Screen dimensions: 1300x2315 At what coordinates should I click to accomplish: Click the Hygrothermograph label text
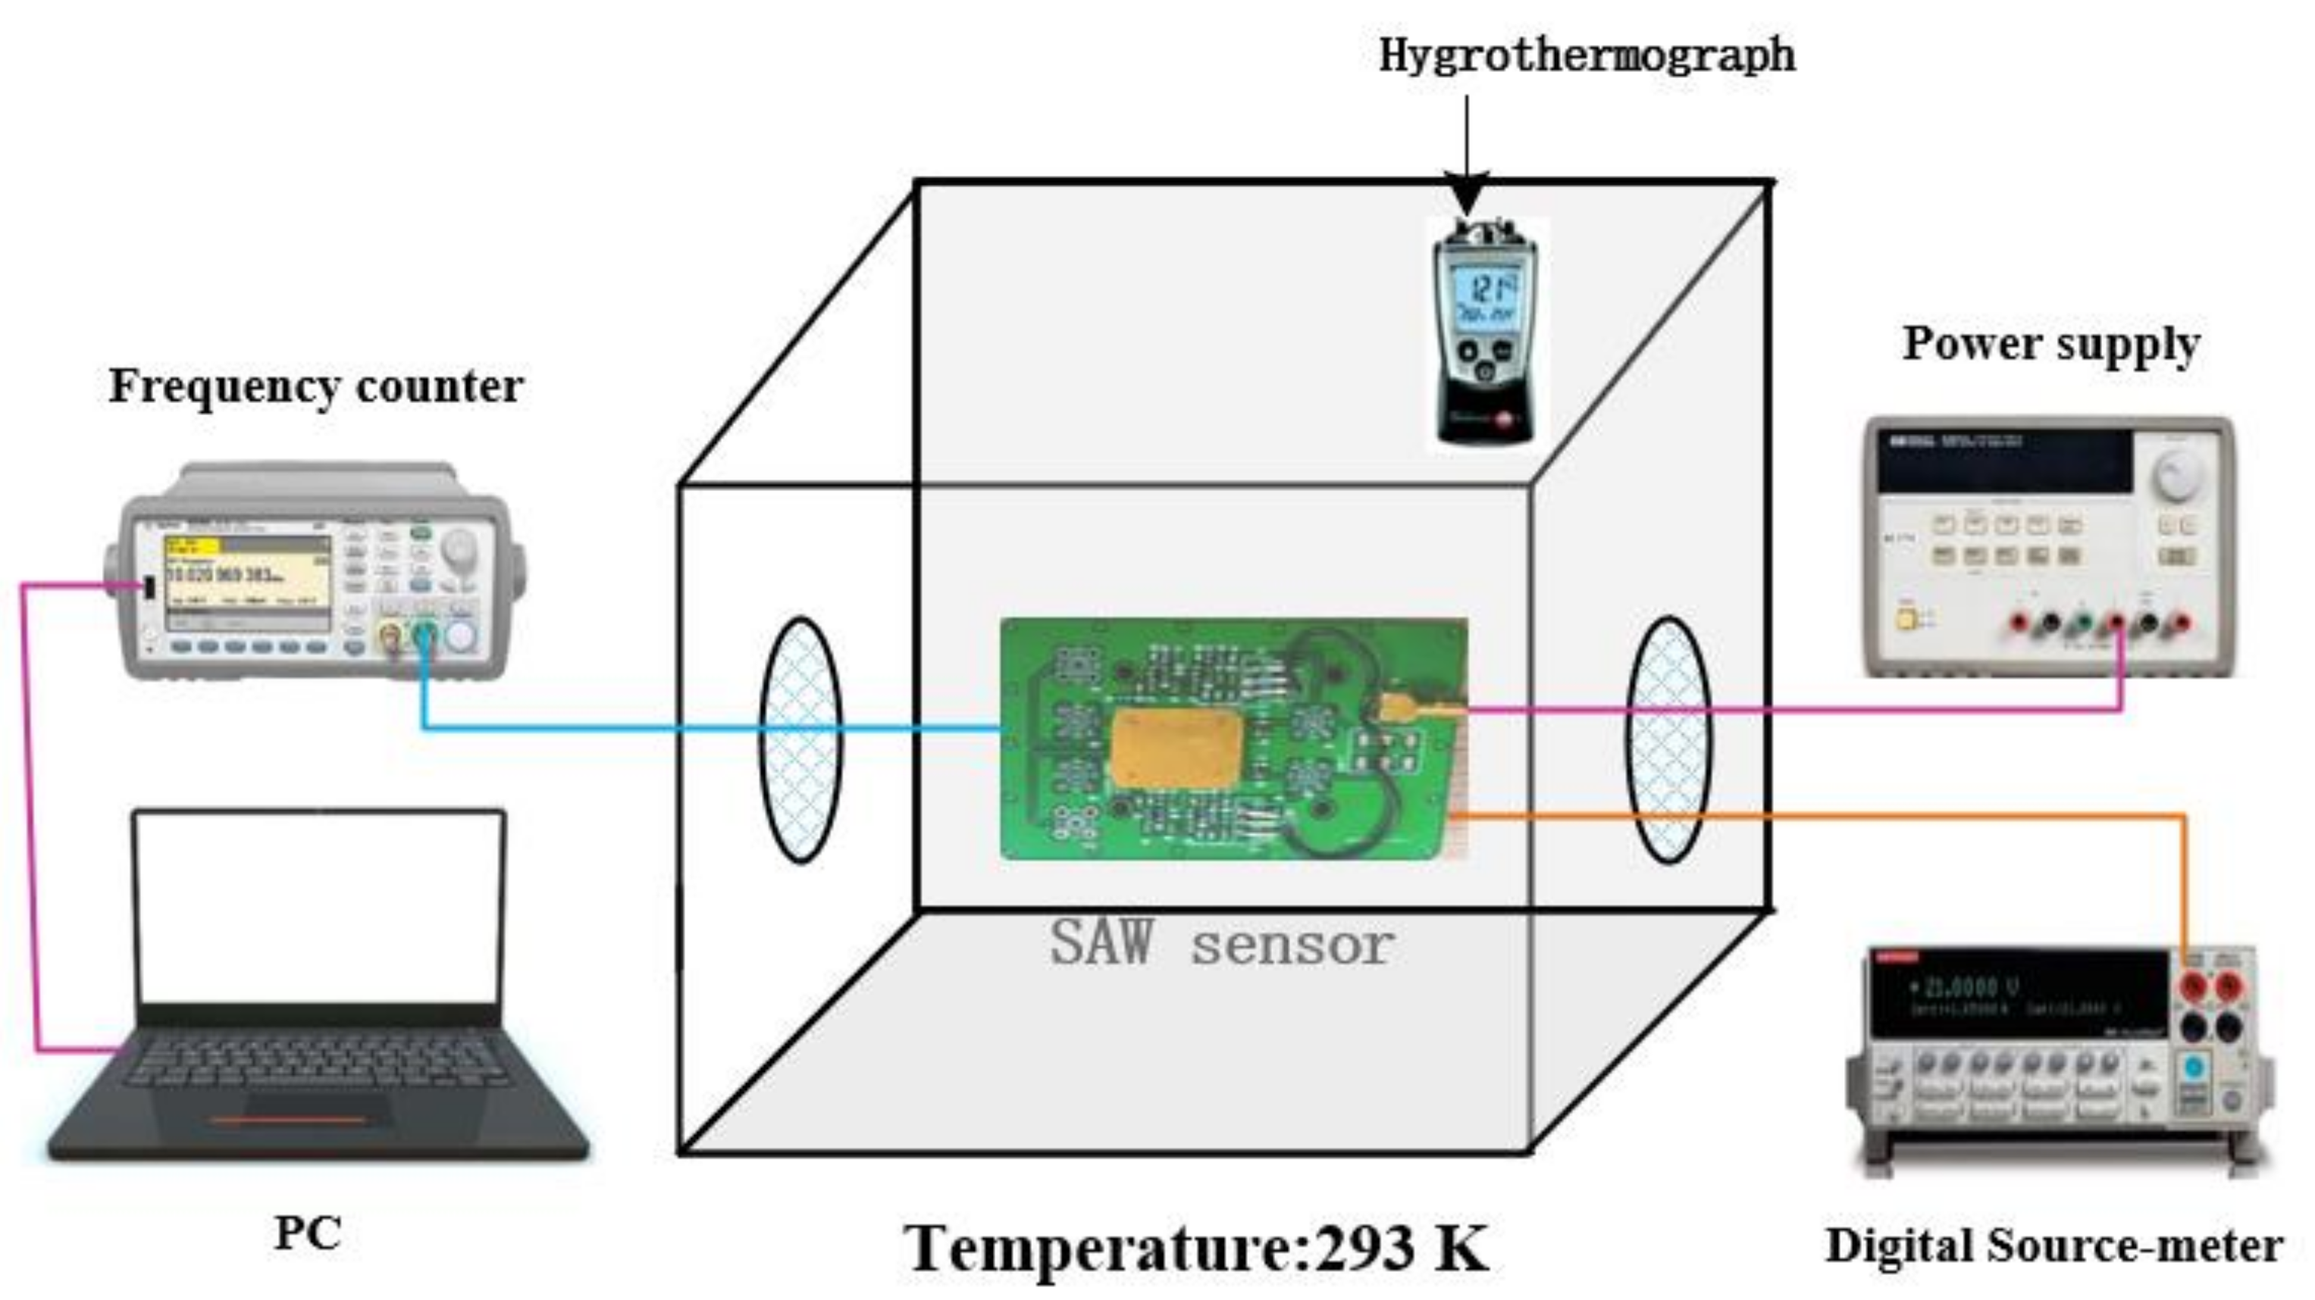[x=1587, y=56]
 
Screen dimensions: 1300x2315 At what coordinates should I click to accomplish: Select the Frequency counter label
[x=315, y=386]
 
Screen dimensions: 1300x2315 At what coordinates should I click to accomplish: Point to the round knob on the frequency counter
[x=459, y=547]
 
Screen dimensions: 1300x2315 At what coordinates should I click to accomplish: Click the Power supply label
[x=2050, y=344]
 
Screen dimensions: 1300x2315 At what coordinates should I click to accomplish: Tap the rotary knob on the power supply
[x=2176, y=473]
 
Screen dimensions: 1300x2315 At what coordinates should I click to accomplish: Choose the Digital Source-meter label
[x=2054, y=1246]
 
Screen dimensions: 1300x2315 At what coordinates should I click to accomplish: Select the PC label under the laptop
[x=307, y=1233]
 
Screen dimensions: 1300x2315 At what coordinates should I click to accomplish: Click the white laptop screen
[x=320, y=908]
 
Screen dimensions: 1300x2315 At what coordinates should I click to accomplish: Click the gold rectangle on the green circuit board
[x=1177, y=748]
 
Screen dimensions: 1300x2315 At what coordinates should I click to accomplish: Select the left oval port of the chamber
[x=800, y=739]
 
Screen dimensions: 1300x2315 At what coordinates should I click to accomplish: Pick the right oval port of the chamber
[x=1669, y=739]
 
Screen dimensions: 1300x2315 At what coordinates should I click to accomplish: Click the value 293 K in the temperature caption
[x=1402, y=1248]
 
